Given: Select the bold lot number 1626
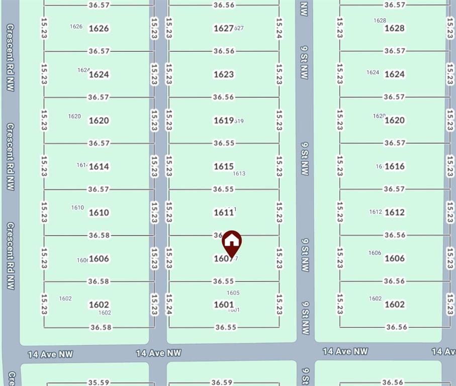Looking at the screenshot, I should tap(99, 28).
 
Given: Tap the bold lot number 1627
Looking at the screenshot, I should tap(224, 28).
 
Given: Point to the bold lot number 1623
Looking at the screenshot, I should tap(224, 74).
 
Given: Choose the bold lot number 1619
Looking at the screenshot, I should tap(224, 121).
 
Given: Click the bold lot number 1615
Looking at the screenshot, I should tap(224, 166).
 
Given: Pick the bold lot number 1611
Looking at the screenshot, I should tap(224, 213).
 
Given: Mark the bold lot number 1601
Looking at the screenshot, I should tap(224, 305).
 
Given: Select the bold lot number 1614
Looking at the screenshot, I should tap(99, 166).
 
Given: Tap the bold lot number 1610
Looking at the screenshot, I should tap(99, 213).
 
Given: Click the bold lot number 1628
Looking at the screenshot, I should tap(394, 28).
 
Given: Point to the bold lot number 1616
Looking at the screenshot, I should tap(394, 166).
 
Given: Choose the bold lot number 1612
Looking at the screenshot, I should tap(394, 212).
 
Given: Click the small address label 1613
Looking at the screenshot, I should tap(239, 173).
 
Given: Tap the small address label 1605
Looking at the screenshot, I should tap(233, 293).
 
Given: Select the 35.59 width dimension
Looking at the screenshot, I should tap(99, 382).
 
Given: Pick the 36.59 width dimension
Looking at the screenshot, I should tap(222, 382).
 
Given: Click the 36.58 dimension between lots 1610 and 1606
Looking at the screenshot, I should tap(99, 235).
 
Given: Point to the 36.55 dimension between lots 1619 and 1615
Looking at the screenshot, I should tap(224, 143).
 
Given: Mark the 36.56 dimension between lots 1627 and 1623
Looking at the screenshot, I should tap(224, 51).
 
